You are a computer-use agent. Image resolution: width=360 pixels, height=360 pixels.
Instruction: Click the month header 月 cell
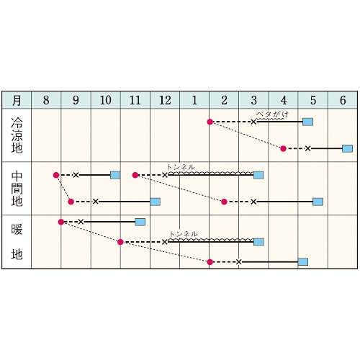(17, 100)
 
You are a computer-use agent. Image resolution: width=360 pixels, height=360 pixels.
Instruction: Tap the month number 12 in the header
(165, 100)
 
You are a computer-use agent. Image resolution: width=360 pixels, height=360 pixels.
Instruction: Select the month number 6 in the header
(343, 100)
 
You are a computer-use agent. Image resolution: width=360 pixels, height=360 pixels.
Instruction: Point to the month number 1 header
(194, 100)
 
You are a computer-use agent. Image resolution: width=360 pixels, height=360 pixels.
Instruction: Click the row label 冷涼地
(17, 135)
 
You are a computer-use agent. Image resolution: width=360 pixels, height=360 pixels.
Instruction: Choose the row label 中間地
(17, 189)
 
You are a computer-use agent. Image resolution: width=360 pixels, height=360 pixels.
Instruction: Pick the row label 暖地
(17, 242)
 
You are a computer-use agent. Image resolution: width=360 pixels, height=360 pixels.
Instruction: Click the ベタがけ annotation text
(272, 114)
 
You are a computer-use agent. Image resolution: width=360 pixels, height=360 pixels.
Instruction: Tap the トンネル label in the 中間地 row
(181, 167)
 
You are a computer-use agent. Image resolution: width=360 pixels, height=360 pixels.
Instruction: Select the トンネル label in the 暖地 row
(184, 234)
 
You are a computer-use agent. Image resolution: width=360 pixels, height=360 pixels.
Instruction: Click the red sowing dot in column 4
(283, 148)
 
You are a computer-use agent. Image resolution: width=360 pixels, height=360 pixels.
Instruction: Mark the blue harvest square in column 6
(347, 148)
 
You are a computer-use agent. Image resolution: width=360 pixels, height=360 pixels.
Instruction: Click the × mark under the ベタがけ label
(253, 122)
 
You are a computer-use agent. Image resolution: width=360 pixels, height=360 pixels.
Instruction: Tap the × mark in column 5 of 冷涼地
(307, 148)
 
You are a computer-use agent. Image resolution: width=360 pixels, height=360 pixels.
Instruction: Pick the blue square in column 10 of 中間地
(115, 175)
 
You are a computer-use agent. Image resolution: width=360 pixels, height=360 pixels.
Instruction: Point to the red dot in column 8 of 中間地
(56, 175)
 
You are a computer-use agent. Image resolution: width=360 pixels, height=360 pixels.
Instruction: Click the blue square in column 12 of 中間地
(155, 202)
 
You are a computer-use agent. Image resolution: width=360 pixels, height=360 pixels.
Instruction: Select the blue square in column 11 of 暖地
(140, 222)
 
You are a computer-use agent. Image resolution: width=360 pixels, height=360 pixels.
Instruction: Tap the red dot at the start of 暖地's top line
(61, 222)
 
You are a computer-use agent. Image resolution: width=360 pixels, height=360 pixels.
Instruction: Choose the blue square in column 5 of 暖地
(303, 262)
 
